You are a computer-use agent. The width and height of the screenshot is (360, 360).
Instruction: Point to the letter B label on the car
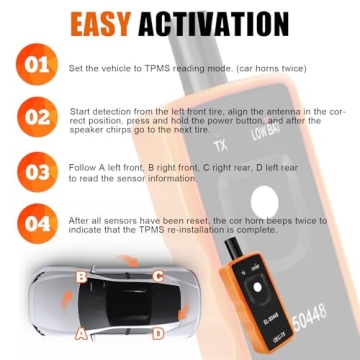click(80, 275)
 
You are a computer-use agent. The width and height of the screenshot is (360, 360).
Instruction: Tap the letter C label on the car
click(156, 275)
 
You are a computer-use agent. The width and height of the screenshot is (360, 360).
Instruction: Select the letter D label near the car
click(157, 333)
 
